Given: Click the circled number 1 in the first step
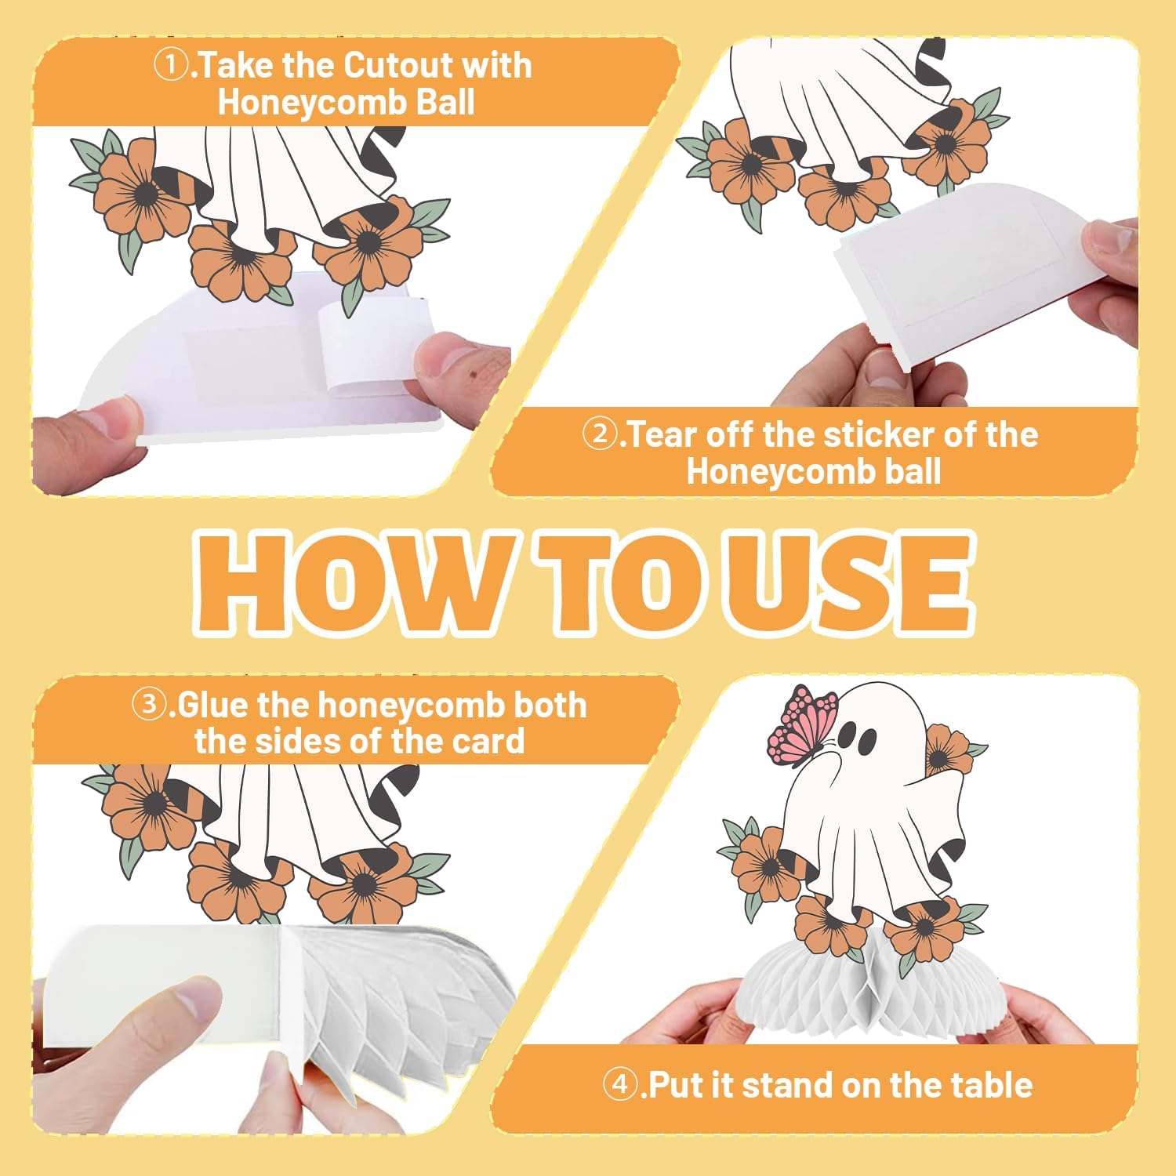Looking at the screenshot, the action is pyautogui.click(x=171, y=66).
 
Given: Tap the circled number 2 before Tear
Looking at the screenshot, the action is pyautogui.click(x=601, y=434).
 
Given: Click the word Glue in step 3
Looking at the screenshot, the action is pyautogui.click(x=212, y=705).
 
